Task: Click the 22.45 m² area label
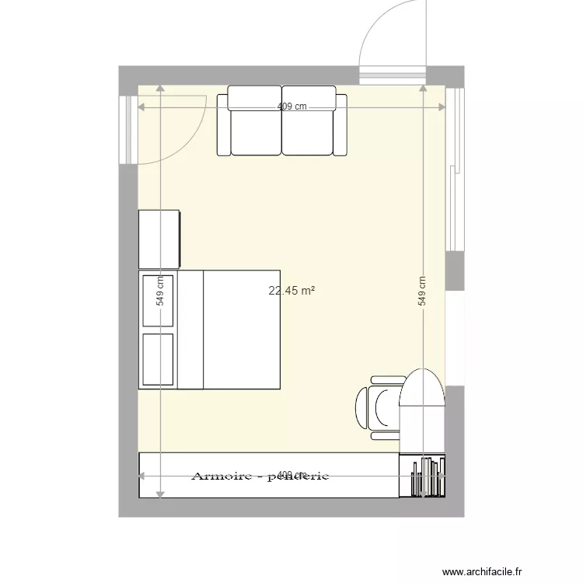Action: (291, 291)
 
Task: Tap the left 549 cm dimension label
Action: (159, 291)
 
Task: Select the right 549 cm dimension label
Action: (422, 291)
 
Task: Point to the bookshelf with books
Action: (424, 476)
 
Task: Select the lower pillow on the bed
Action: (158, 359)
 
